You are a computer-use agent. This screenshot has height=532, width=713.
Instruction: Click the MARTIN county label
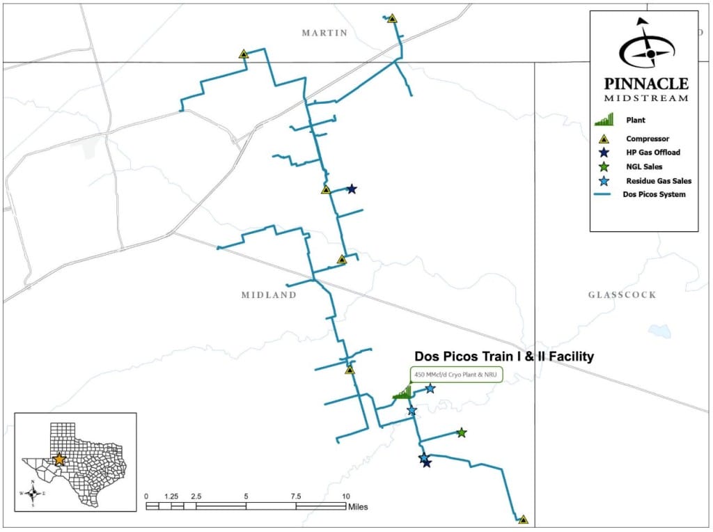coord(324,33)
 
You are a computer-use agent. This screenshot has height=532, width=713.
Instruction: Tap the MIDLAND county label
coord(269,295)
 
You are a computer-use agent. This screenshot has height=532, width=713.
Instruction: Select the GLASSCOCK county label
coord(622,295)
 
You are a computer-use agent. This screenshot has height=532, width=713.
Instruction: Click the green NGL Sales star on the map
coord(461,433)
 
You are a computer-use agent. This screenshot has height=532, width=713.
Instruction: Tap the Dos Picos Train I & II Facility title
coord(504,357)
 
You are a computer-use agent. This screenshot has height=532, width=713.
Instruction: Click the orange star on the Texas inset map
coord(60,460)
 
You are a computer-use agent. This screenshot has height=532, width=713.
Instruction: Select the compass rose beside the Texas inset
coord(33,493)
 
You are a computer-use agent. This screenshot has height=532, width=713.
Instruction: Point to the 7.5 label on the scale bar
coord(296,496)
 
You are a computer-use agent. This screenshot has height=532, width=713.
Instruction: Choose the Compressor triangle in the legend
coord(603,139)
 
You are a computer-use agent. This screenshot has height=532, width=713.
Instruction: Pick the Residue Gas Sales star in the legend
coord(603,180)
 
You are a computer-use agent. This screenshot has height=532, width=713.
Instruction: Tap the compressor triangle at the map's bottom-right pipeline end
coord(523,519)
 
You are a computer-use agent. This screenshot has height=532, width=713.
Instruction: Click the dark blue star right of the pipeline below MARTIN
coord(352,189)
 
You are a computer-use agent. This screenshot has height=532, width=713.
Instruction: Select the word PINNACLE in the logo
coord(646,84)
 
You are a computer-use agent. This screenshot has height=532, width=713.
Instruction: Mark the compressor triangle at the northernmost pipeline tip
coord(392,19)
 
